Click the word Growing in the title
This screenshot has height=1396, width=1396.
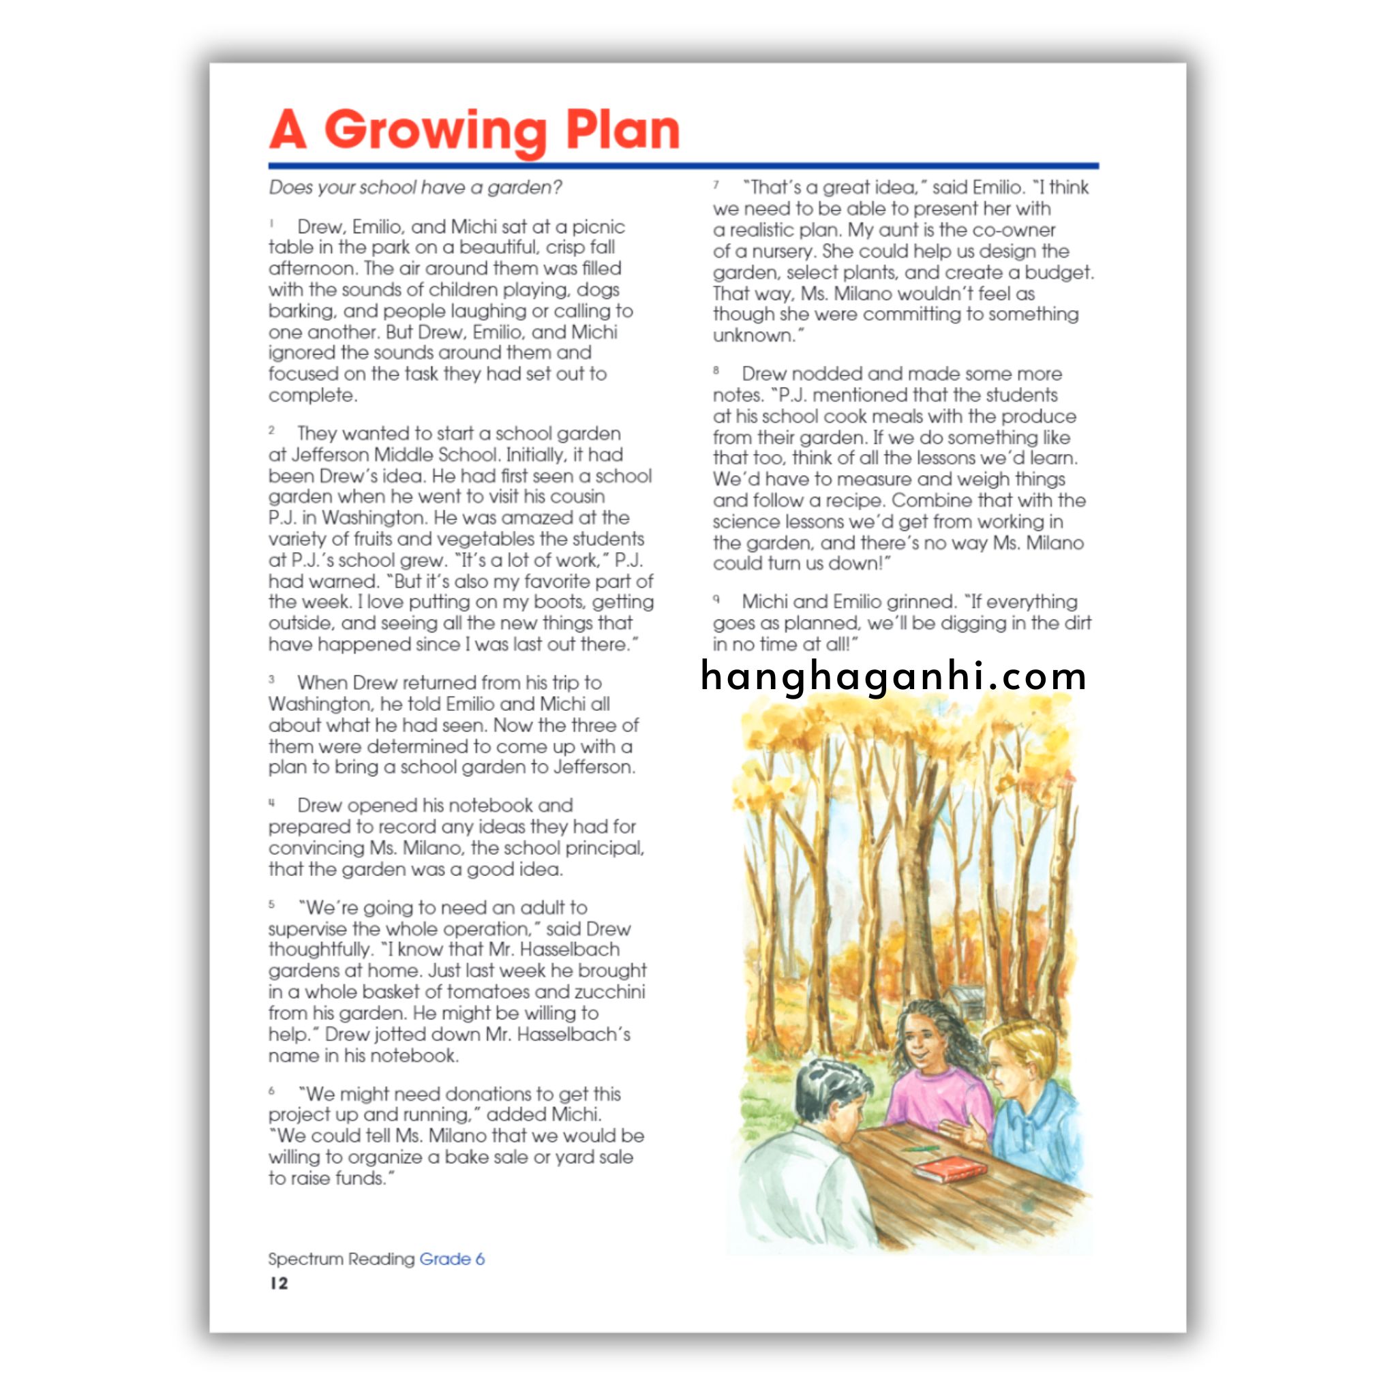435,132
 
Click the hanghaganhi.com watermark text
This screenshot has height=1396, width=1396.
893,676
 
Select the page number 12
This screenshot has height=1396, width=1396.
279,1284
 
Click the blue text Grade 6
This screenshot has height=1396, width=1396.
452,1259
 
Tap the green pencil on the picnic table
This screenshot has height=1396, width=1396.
922,1148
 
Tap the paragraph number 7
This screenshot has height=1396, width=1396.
716,185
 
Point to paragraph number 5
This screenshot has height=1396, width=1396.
272,904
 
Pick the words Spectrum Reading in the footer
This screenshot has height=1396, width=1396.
341,1259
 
